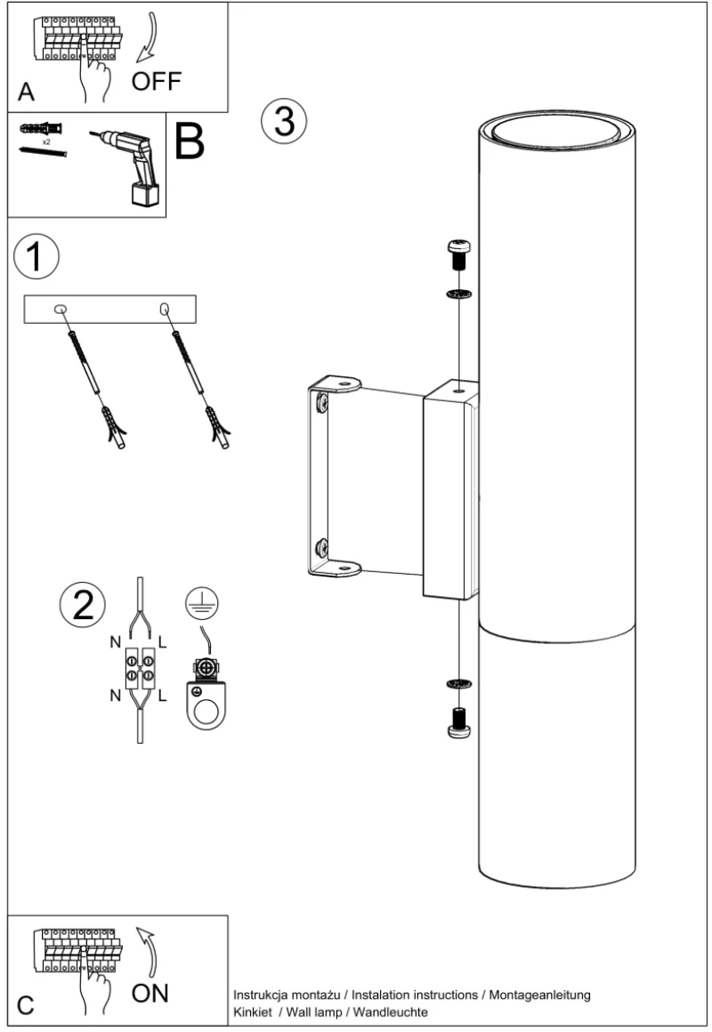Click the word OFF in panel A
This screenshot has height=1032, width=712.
(x=156, y=81)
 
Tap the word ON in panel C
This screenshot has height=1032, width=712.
(x=150, y=993)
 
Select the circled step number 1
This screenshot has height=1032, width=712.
(x=36, y=256)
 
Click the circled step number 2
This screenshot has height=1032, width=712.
(x=83, y=604)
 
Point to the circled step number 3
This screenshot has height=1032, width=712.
(x=284, y=121)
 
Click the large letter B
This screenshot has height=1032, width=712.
(x=189, y=141)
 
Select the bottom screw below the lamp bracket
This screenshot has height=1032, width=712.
(x=459, y=722)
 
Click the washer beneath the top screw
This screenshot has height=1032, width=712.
(x=459, y=293)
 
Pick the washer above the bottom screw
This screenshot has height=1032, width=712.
(x=459, y=684)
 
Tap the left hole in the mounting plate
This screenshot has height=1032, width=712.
(x=60, y=309)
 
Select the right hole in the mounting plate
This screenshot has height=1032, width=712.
(x=165, y=308)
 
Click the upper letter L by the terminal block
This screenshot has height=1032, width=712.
(x=162, y=642)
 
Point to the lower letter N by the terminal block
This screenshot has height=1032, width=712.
(x=116, y=695)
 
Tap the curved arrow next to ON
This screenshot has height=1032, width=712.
(x=148, y=952)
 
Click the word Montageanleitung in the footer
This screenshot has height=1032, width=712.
(x=539, y=996)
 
